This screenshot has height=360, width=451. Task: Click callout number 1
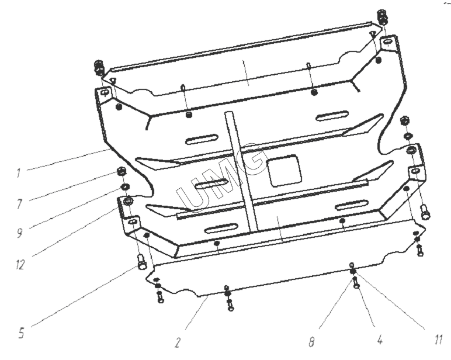19,173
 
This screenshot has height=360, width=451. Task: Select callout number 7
19,204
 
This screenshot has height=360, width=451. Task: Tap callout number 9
19,232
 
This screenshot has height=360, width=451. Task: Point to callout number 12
20,265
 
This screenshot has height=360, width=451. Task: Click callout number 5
21,333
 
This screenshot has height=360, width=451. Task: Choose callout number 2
178,342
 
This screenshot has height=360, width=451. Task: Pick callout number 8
312,342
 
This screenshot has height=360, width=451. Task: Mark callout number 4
380,340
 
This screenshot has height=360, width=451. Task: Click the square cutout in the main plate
284,171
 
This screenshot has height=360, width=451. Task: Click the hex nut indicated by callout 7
122,172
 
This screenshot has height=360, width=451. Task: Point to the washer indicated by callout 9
125,187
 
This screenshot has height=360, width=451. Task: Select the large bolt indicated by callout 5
143,262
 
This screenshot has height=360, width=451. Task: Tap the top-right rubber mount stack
383,17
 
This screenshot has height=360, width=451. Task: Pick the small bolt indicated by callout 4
356,283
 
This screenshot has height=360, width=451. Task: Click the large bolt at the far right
425,212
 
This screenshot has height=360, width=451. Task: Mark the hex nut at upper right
404,120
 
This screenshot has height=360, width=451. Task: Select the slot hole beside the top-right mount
387,43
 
